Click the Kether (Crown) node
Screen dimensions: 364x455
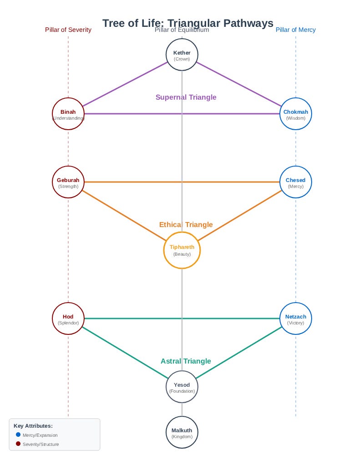[182, 55]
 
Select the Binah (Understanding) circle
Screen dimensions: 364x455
[68, 114]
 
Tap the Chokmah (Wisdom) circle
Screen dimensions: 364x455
[296, 114]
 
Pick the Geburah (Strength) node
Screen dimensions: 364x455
[68, 182]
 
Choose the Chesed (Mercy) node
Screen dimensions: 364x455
[296, 182]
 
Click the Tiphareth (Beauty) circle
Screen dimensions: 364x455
[182, 250]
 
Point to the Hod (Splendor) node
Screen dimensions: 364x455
[68, 318]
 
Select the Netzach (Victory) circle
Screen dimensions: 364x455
[296, 318]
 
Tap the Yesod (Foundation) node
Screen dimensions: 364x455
[182, 387]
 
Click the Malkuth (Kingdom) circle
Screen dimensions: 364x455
[182, 432]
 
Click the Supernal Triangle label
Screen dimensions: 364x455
[186, 97]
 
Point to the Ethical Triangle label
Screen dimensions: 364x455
[186, 225]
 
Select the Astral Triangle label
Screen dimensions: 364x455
[186, 361]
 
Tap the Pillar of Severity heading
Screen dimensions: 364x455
[68, 30]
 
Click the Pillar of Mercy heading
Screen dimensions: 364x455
[295, 30]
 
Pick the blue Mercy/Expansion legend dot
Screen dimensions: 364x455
[18, 435]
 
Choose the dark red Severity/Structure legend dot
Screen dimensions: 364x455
[18, 444]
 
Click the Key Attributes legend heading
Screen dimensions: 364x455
[33, 426]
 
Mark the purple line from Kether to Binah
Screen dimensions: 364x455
[125, 84]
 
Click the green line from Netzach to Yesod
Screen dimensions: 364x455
[239, 353]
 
